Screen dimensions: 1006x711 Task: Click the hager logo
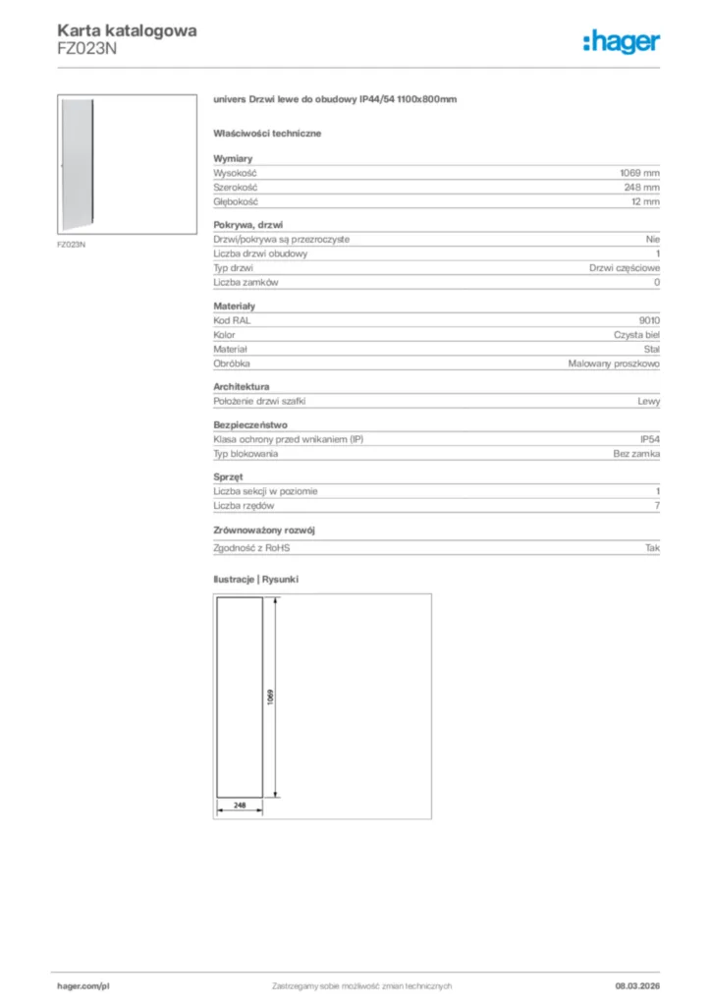pyautogui.click(x=621, y=41)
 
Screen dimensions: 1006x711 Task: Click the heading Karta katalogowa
pyautogui.click(x=127, y=30)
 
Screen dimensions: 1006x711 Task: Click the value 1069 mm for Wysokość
pyautogui.click(x=640, y=172)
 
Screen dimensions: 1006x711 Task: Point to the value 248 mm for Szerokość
pyautogui.click(x=643, y=187)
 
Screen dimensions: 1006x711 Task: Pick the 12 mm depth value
pyautogui.click(x=646, y=201)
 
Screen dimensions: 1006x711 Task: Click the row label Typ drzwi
pyautogui.click(x=234, y=267)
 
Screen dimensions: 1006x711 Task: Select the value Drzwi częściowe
pyautogui.click(x=625, y=267)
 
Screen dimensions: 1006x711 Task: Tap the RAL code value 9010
pyautogui.click(x=649, y=320)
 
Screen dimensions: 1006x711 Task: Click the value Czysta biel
pyautogui.click(x=636, y=335)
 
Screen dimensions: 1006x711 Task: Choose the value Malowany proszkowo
pyautogui.click(x=614, y=363)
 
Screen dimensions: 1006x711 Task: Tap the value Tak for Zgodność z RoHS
pyautogui.click(x=652, y=548)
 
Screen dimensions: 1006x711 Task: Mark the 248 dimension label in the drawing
pyautogui.click(x=239, y=804)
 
